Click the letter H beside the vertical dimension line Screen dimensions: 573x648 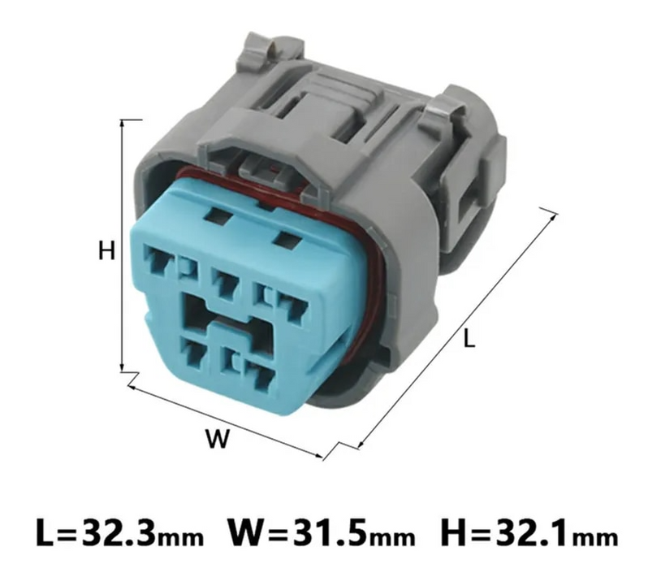click(x=106, y=250)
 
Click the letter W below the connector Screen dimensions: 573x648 click(x=216, y=440)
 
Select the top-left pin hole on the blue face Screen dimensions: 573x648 click(x=154, y=258)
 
